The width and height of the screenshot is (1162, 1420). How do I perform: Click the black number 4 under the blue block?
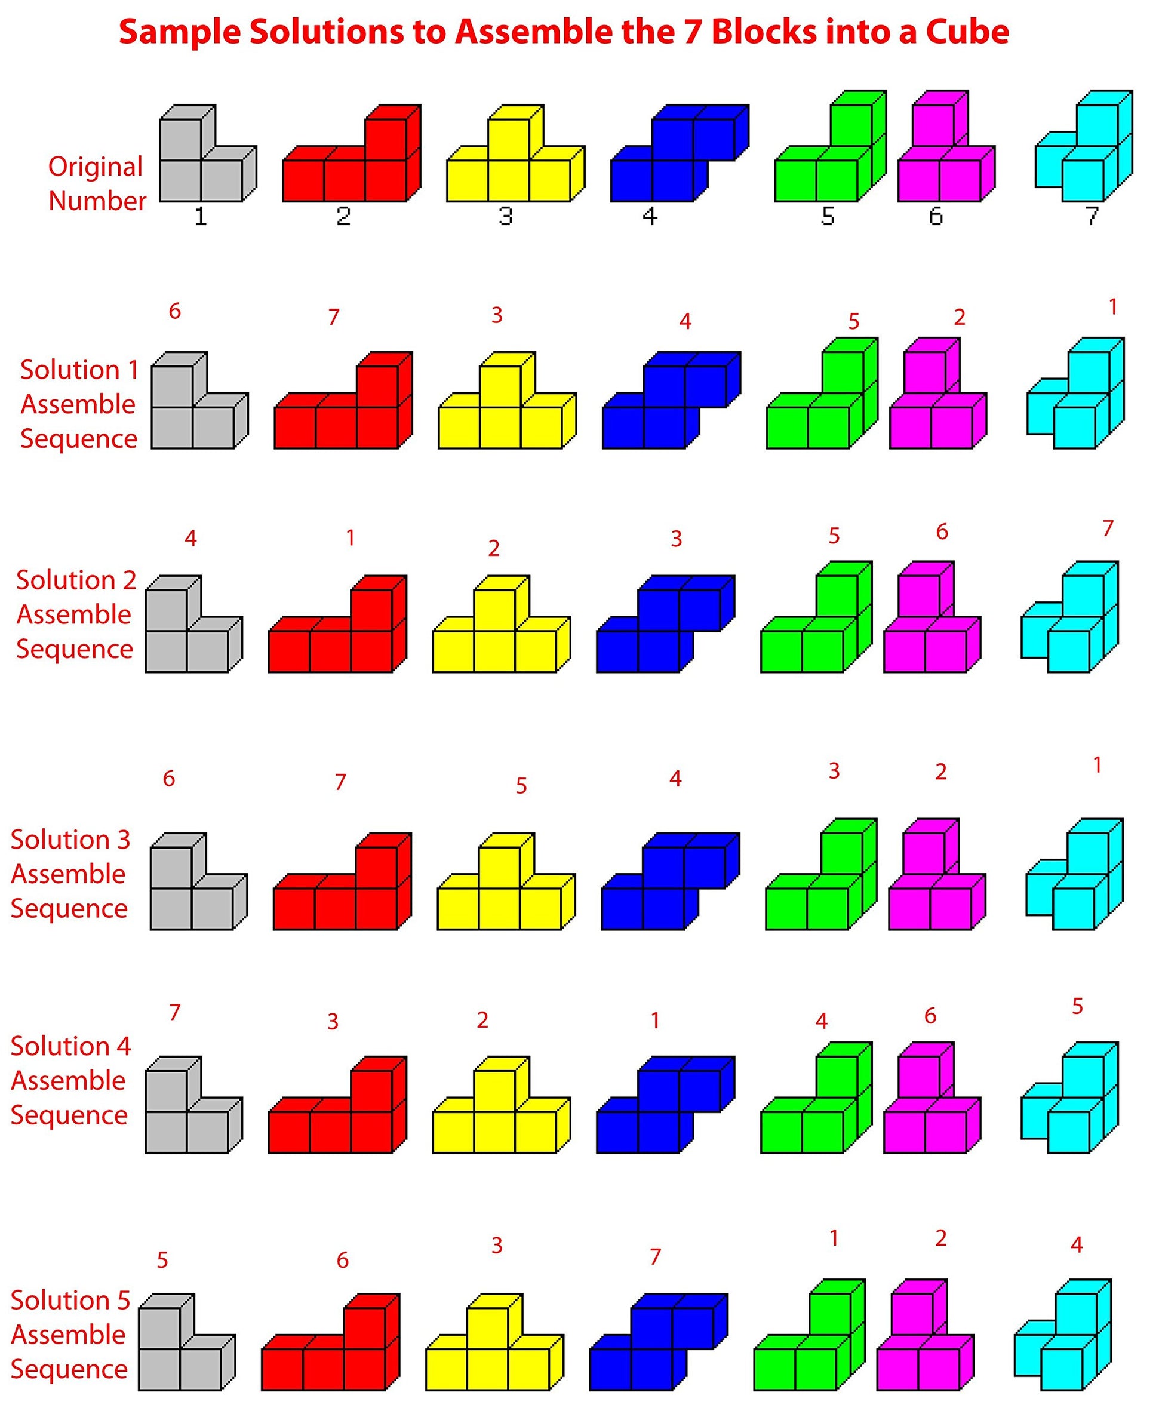tap(649, 216)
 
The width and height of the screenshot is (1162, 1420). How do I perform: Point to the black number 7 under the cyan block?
tap(1092, 216)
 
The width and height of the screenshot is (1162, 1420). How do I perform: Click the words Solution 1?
tap(79, 370)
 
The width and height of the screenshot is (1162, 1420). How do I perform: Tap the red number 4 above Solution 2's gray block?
tap(190, 538)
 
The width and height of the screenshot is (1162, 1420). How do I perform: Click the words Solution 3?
tap(70, 840)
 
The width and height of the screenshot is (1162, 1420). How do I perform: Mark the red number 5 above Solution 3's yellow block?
tap(521, 785)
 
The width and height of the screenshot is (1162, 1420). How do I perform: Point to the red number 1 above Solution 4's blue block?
tap(655, 1021)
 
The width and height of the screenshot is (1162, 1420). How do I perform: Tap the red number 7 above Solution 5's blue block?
tap(655, 1256)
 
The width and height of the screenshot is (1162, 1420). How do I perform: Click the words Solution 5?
tap(70, 1300)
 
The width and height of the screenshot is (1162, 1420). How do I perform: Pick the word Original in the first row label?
tap(96, 167)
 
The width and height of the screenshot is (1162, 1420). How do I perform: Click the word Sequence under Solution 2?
tap(74, 648)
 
